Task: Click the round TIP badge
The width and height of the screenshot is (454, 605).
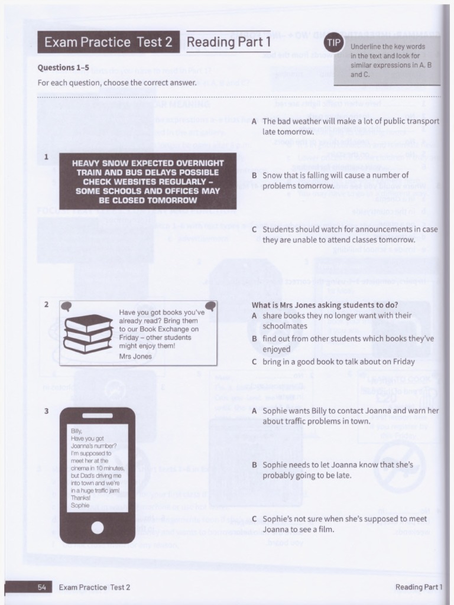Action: (x=333, y=43)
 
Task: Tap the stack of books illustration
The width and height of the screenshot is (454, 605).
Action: (x=87, y=334)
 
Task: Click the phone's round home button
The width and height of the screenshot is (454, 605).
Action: (x=98, y=527)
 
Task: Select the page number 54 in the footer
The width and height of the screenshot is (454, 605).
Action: (x=42, y=587)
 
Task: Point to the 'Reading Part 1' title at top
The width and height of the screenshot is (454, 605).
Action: (x=228, y=42)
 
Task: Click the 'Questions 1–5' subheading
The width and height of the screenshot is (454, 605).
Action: (x=63, y=67)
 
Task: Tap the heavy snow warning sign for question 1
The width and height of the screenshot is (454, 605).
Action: (x=148, y=181)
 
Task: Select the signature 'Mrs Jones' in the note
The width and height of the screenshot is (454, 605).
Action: (x=135, y=356)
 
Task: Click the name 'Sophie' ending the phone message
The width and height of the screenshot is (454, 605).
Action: (x=80, y=505)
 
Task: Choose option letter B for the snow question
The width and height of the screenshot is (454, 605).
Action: (x=254, y=175)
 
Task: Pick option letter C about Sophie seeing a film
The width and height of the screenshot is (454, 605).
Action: (x=254, y=519)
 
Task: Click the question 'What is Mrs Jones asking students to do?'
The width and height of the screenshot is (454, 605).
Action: (x=325, y=305)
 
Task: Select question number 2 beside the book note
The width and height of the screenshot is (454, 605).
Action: (x=46, y=304)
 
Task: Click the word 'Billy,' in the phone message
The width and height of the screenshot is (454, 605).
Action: (x=77, y=431)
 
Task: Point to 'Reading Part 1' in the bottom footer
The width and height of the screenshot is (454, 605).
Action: (x=419, y=587)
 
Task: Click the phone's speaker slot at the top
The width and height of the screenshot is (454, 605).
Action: (x=98, y=415)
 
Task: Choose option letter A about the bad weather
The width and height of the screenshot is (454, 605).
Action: (x=254, y=121)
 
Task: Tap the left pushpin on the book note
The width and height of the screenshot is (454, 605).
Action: (x=66, y=306)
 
